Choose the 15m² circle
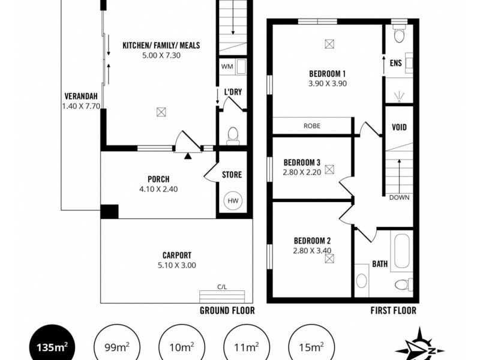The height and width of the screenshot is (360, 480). click(x=310, y=346)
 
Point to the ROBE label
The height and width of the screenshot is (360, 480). click(x=311, y=127)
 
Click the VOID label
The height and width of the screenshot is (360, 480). click(x=399, y=127)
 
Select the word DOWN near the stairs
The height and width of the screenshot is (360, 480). click(x=399, y=197)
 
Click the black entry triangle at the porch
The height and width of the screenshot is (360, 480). click(x=188, y=157)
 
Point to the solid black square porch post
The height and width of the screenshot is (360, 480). click(x=109, y=211)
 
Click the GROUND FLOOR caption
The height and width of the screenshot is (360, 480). click(x=227, y=310)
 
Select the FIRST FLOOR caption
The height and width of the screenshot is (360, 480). click(x=394, y=310)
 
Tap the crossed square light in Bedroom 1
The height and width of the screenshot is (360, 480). click(x=328, y=43)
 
